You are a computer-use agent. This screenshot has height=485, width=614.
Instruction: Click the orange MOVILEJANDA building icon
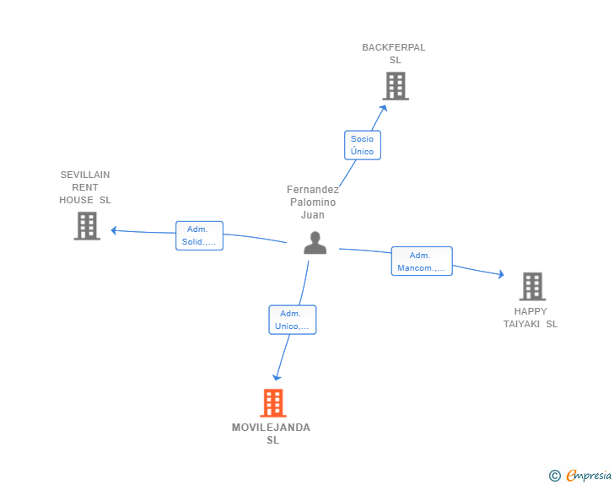(x=273, y=402)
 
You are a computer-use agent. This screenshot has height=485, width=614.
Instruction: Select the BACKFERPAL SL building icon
(x=396, y=86)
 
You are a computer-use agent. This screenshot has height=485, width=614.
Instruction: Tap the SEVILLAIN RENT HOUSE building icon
(x=87, y=226)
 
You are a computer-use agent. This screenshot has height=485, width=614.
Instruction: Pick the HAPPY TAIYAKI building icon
(x=532, y=287)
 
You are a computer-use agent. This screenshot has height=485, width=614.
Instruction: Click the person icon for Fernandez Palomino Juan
(x=315, y=243)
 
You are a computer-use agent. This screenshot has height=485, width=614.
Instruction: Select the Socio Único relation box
(x=362, y=145)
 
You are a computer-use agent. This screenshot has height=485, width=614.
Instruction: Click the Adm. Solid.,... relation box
(x=199, y=235)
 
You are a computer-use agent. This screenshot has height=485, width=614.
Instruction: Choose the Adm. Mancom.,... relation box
(x=422, y=261)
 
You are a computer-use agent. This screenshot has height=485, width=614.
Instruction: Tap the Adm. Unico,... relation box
(x=292, y=320)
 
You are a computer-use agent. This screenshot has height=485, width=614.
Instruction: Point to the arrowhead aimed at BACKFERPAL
(x=384, y=108)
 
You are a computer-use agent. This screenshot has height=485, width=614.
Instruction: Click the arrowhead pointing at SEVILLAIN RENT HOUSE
(x=114, y=230)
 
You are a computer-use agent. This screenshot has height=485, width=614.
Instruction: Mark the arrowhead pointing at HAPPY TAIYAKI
(x=501, y=274)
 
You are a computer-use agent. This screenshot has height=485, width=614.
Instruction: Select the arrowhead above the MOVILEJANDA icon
(x=277, y=377)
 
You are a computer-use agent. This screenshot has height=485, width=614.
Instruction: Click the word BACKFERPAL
(x=394, y=47)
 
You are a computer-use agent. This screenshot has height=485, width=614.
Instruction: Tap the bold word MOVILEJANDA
(x=271, y=428)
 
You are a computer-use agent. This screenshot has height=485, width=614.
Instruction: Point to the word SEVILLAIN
(x=85, y=175)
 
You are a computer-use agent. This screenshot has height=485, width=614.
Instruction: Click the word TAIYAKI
(x=521, y=324)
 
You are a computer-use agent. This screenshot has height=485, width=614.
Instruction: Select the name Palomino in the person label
(x=313, y=202)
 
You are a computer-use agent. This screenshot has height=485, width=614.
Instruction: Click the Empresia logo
(x=589, y=475)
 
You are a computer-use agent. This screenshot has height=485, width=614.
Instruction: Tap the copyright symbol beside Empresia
(x=554, y=476)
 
